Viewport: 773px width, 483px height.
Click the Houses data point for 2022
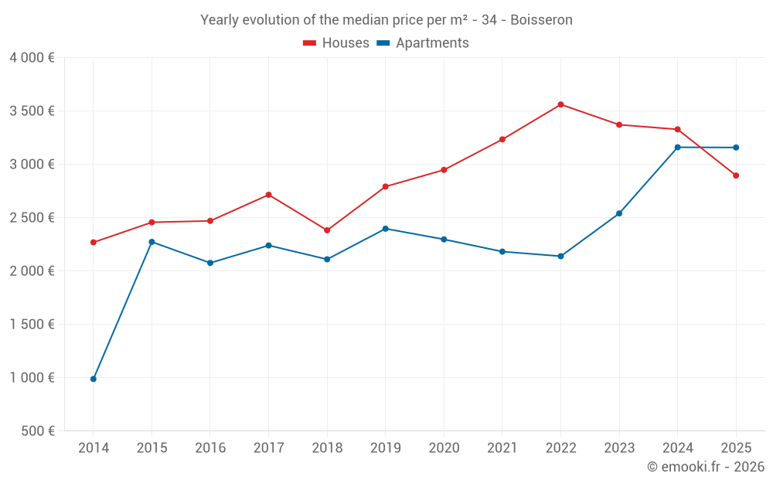560,104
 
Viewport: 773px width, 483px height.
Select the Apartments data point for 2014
94,379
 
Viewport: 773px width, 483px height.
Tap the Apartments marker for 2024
677,147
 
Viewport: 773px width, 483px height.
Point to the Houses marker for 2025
736,175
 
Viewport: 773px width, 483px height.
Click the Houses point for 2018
327,230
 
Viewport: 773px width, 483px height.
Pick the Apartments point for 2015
152,242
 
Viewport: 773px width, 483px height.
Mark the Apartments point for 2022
560,256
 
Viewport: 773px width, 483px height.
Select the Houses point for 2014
94,243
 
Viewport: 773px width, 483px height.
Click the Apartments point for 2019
385,229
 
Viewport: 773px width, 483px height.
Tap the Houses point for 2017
268,195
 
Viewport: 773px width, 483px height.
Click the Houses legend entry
336,43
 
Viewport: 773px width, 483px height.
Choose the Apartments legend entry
423,43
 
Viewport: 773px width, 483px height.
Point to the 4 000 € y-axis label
32,58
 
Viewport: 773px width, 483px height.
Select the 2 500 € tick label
32,218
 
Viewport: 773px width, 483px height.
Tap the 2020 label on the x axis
444,448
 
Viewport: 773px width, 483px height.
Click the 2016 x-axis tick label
210,448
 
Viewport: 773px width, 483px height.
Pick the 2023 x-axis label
619,448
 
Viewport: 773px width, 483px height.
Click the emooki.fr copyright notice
705,467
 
